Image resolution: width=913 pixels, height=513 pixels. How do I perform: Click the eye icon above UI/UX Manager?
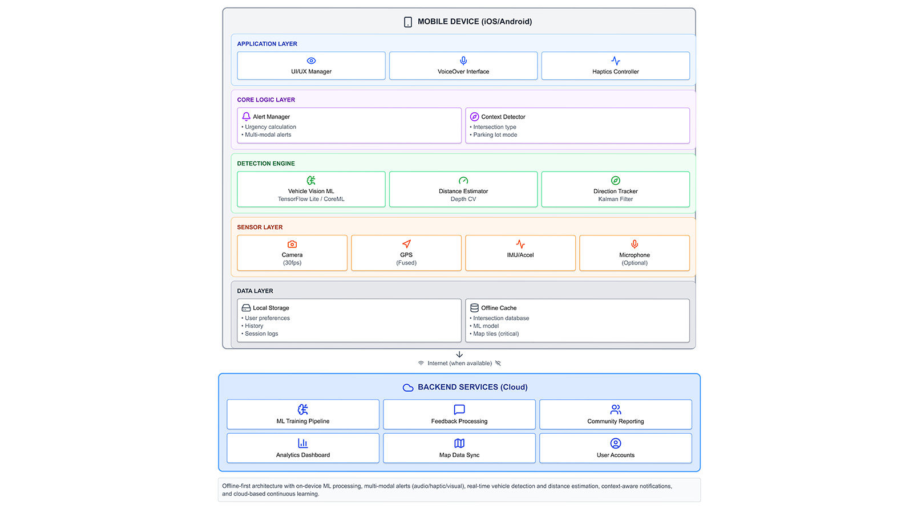[x=311, y=61]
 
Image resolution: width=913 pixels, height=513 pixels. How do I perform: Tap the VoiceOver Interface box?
[x=463, y=66]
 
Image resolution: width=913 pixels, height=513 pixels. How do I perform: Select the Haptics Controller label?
[x=615, y=72]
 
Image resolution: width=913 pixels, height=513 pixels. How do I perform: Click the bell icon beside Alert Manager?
[x=246, y=116]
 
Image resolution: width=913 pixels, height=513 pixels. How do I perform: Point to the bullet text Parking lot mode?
[x=495, y=135]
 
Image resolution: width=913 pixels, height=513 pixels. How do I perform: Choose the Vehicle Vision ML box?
[x=311, y=189]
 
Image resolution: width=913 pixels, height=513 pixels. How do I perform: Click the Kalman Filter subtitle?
[x=615, y=199]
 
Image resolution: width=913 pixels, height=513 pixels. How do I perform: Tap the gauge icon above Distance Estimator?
[x=463, y=181]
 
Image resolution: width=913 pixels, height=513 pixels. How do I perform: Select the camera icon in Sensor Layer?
[x=292, y=244]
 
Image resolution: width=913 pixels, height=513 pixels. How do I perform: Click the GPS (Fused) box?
[x=406, y=253]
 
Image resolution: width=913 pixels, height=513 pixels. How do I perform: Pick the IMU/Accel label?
[x=520, y=255]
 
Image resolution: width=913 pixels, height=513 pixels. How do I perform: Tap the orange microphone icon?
[x=635, y=244]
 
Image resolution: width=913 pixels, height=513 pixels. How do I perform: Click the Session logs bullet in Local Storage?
[x=261, y=334]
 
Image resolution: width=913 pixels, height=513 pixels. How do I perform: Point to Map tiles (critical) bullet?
[x=496, y=334]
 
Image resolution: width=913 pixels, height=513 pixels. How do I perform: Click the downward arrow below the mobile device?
[x=459, y=355]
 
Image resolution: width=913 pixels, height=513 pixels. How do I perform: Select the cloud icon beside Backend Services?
[x=408, y=388]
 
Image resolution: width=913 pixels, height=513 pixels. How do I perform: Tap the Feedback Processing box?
[x=459, y=414]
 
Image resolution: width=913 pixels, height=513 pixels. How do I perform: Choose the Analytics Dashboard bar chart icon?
[x=303, y=443]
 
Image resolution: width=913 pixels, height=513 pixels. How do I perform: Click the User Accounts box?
[x=615, y=448]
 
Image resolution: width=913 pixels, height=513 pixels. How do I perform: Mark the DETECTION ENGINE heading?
[x=266, y=164]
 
